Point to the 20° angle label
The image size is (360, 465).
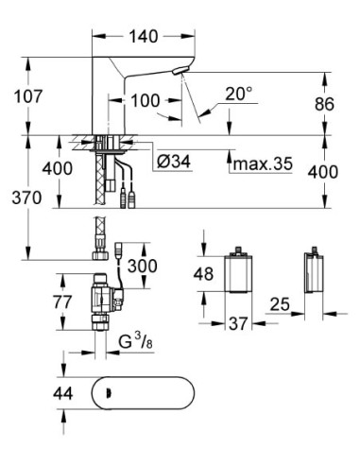point(239,95)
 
